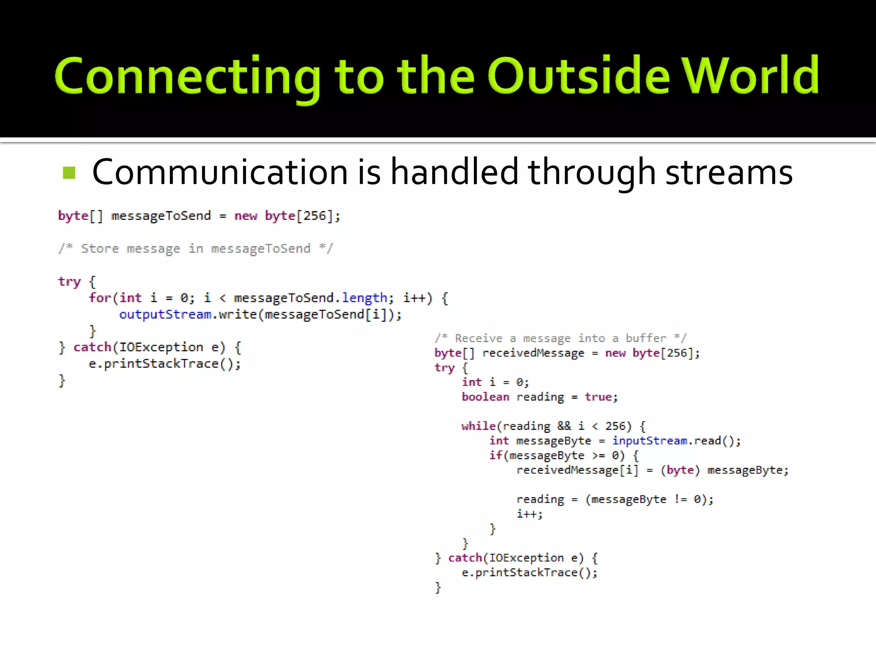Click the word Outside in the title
(578, 76)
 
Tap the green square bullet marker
(69, 173)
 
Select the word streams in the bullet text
(729, 172)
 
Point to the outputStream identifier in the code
(165, 314)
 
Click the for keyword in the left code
(100, 298)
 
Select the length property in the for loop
(364, 298)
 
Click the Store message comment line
(195, 249)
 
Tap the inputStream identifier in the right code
(649, 441)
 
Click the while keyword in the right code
(478, 426)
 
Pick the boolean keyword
(485, 397)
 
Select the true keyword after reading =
(598, 397)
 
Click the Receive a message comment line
(560, 338)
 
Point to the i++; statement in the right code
(530, 514)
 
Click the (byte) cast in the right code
(680, 470)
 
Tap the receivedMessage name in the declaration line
(533, 353)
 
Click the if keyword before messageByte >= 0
(495, 455)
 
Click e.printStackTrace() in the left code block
(165, 364)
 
